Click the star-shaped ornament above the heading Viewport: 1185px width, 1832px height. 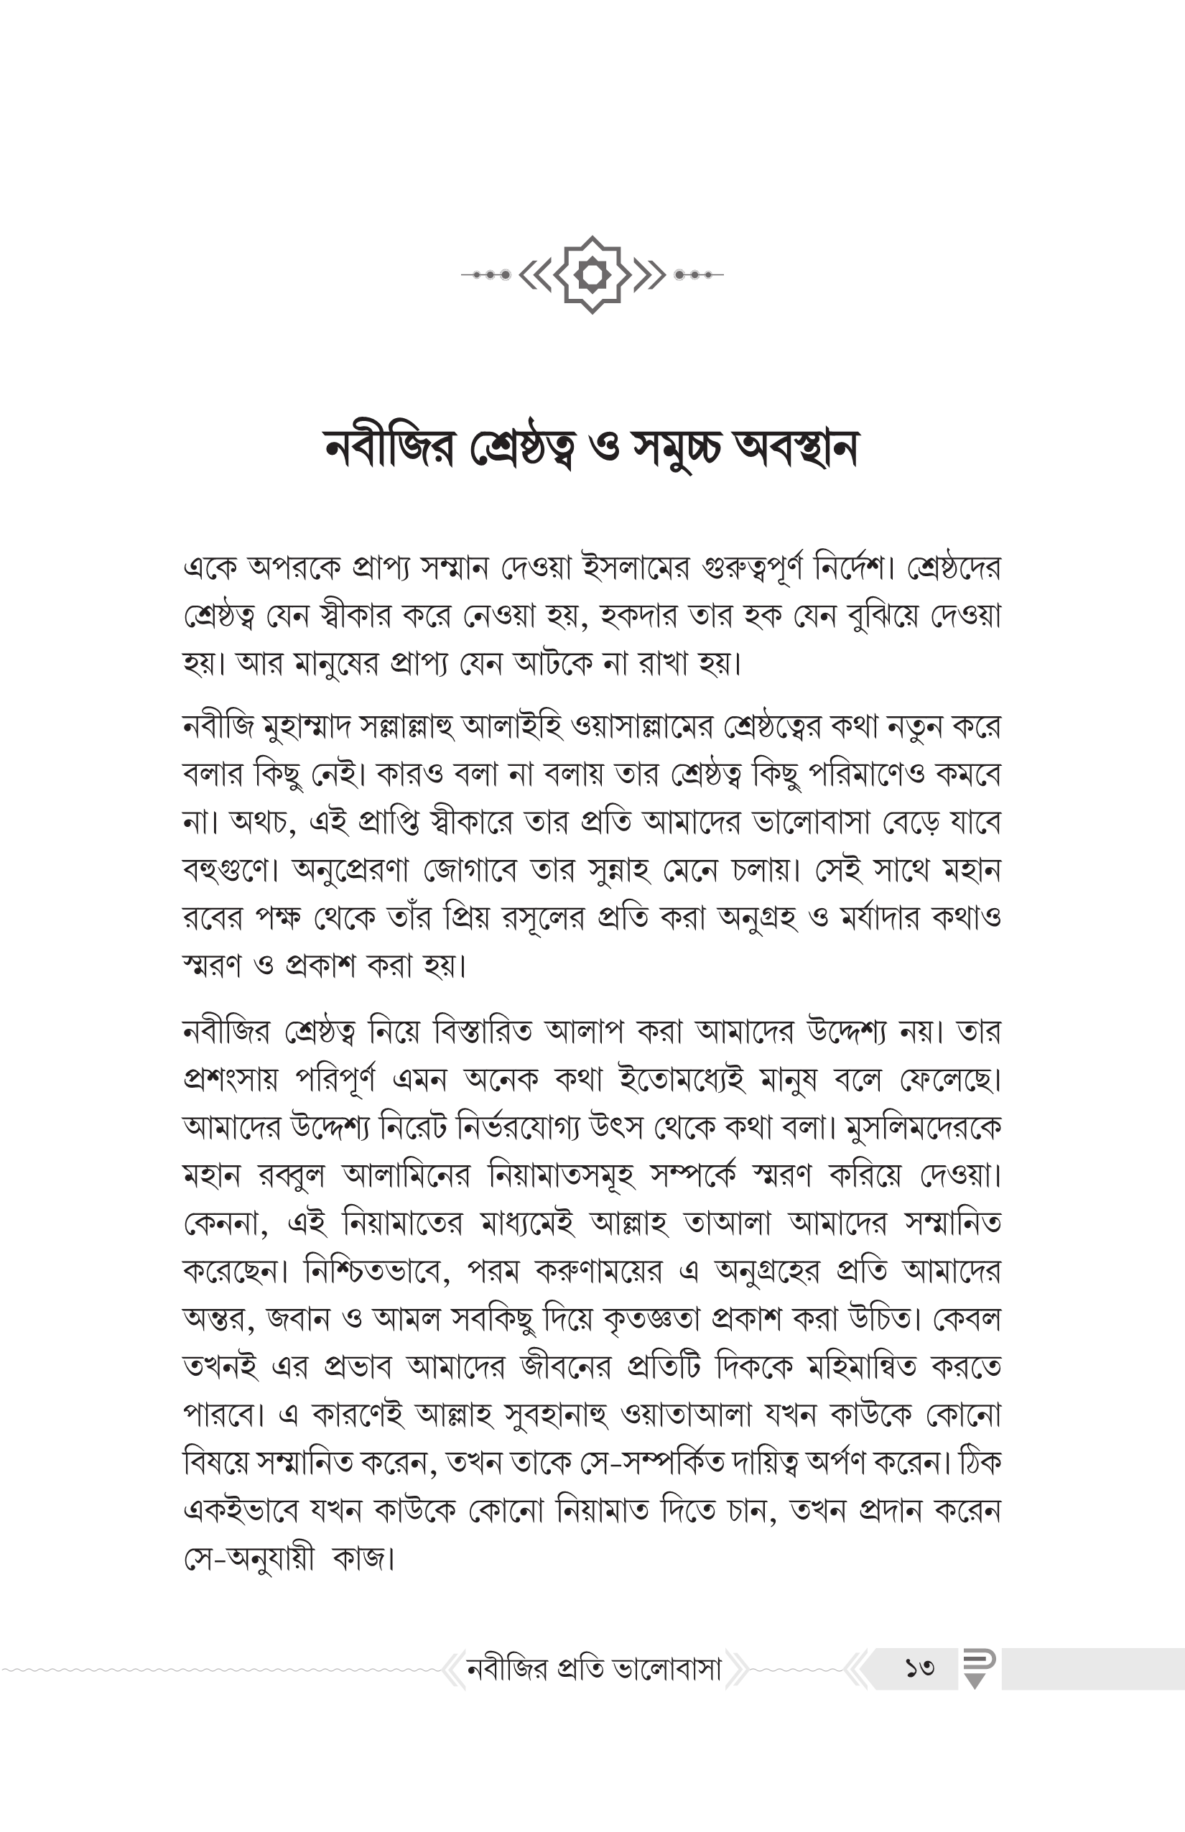click(x=592, y=274)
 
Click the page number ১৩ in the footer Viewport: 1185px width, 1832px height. click(x=919, y=1667)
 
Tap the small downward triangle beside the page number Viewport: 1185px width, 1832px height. click(x=975, y=1682)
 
